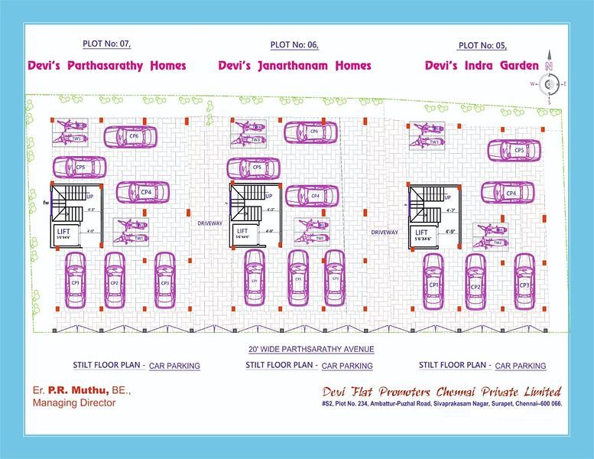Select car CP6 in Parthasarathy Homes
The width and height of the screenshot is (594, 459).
coord(131,136)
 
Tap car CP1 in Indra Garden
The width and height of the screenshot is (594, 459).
coord(433,282)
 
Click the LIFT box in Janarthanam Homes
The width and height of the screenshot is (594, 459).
coord(244,233)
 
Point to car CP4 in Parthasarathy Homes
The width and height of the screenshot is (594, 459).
coord(142,192)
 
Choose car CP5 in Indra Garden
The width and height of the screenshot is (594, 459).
coord(518,151)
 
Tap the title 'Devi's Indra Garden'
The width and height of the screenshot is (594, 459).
coord(482,66)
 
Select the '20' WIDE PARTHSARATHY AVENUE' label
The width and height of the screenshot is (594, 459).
coord(300,349)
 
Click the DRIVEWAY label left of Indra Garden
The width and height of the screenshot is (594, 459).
coord(385,232)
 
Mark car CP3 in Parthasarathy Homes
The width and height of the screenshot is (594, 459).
coord(164,280)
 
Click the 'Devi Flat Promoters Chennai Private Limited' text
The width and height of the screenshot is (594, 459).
coord(442,391)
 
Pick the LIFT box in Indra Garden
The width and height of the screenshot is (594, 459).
coord(421,235)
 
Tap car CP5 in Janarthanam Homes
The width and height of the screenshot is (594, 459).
coord(254,168)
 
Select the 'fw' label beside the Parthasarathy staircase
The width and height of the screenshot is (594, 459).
coord(46,203)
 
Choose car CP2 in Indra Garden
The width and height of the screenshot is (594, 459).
coord(476,283)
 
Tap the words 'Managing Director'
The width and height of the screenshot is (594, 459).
coord(74,402)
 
